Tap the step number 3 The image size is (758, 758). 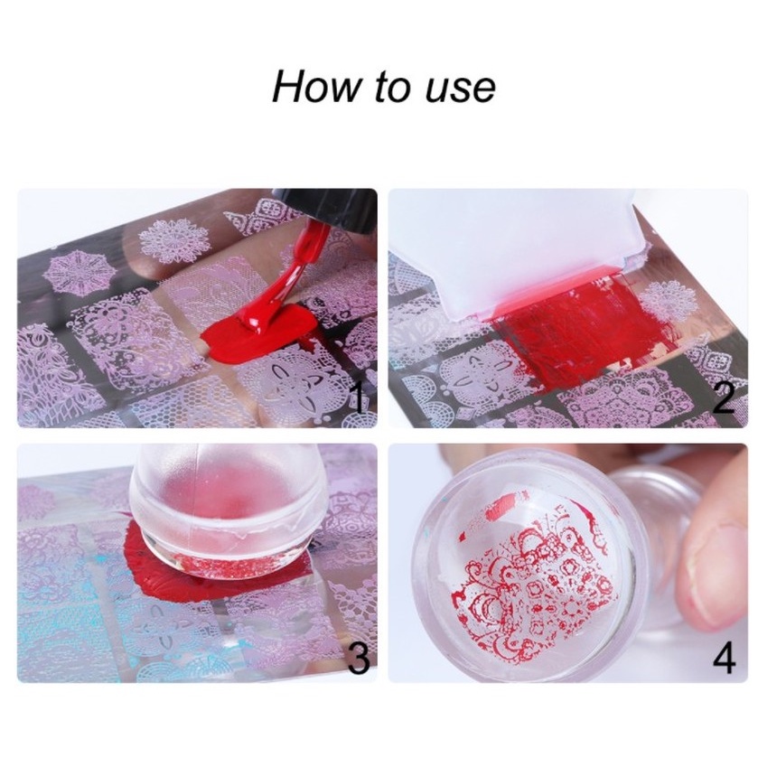click(x=359, y=653)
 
